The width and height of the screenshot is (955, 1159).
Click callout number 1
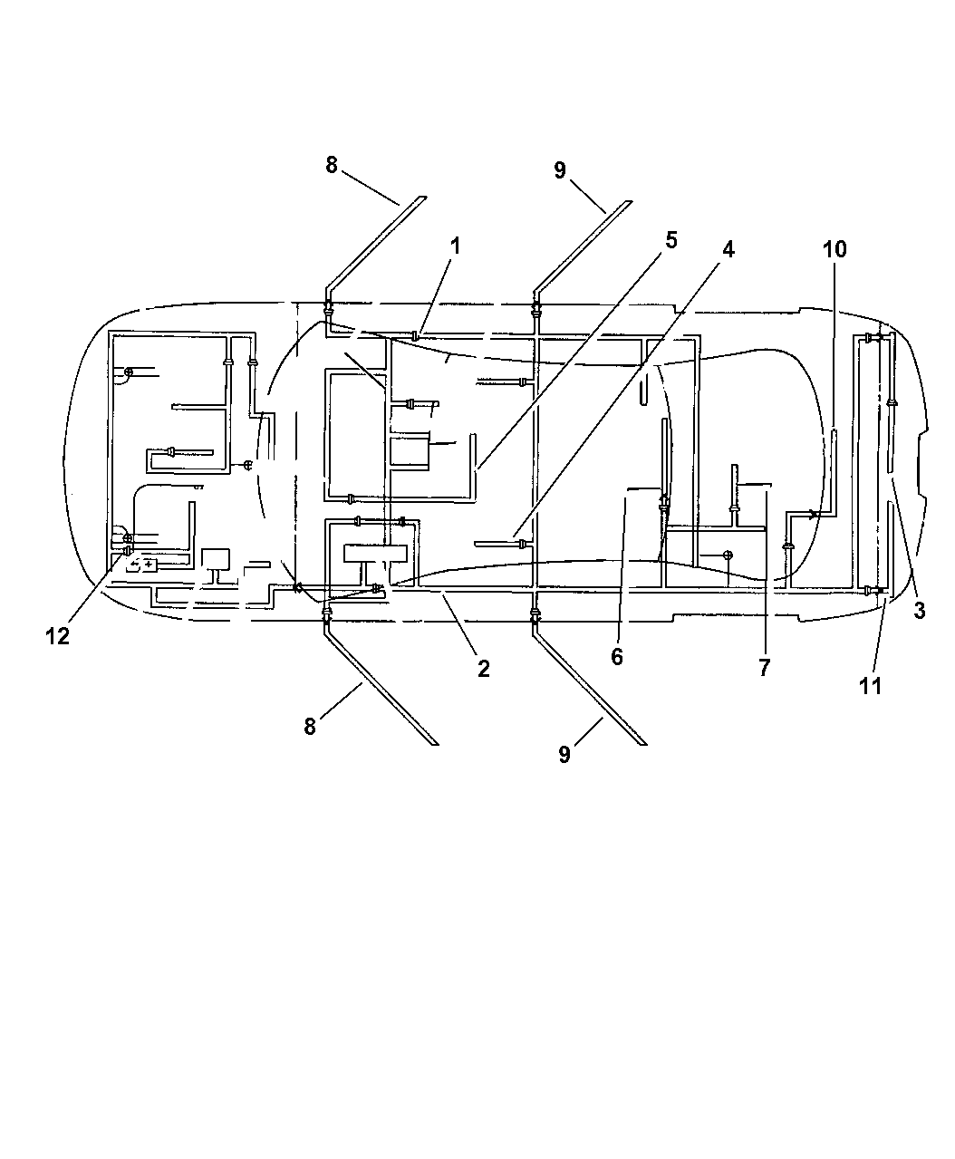pos(455,246)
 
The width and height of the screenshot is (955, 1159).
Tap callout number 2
pos(483,669)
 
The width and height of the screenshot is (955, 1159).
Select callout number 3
pos(920,611)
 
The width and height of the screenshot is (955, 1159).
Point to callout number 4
pos(728,249)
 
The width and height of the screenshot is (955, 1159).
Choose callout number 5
pos(671,240)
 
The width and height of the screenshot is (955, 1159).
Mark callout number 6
pos(616,657)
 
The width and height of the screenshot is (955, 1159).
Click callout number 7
pos(764,668)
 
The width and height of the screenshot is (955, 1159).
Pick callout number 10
pos(834,249)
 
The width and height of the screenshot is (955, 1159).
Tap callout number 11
pos(870,686)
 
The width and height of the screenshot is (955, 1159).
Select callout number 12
pos(58,636)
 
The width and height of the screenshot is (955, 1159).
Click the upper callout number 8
pos(332,165)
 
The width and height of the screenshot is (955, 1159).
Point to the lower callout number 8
pos(310,726)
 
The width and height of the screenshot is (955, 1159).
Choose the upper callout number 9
pos(560,170)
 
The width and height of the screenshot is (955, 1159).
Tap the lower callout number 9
pos(564,754)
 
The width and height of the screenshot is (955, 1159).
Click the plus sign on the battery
pos(149,565)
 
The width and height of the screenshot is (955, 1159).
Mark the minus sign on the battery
pos(134,565)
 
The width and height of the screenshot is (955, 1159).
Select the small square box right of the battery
pos(216,559)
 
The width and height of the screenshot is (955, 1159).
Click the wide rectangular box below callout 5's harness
pos(375,554)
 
